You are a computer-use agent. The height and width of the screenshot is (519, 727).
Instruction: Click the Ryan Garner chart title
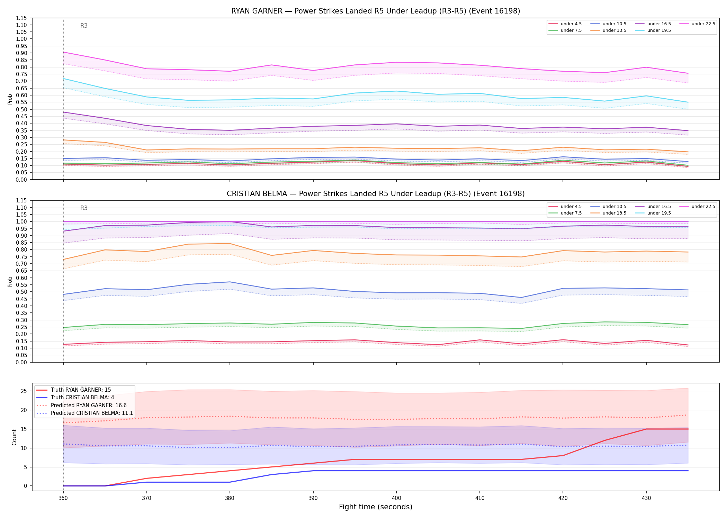point(376,11)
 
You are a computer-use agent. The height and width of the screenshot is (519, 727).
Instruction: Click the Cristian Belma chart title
point(376,194)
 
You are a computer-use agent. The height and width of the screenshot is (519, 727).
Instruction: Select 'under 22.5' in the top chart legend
point(703,24)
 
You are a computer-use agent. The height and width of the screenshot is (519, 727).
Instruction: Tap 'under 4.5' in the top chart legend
point(571,24)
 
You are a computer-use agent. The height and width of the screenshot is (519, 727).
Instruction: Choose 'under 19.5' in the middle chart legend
point(659,213)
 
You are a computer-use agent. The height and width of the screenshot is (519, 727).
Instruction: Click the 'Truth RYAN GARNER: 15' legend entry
point(81,390)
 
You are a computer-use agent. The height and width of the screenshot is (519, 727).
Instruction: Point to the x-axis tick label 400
point(396,498)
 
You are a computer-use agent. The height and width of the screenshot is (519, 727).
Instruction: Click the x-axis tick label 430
point(646,498)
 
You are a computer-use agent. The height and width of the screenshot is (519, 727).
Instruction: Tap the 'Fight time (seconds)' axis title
point(376,507)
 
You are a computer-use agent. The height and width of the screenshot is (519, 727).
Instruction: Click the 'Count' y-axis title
point(14,437)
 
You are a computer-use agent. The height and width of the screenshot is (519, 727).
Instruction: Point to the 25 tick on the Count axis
point(24,391)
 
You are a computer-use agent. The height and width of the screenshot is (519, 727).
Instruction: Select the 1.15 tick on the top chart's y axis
point(21,18)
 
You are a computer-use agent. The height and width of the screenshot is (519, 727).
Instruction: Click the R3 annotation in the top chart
point(84,26)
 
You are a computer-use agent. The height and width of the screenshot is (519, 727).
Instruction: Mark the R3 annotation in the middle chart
point(84,208)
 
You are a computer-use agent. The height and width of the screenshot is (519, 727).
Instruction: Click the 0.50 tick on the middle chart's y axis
point(21,292)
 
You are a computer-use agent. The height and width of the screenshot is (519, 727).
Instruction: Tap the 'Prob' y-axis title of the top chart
point(10,99)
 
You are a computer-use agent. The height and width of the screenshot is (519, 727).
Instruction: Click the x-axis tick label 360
point(63,498)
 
